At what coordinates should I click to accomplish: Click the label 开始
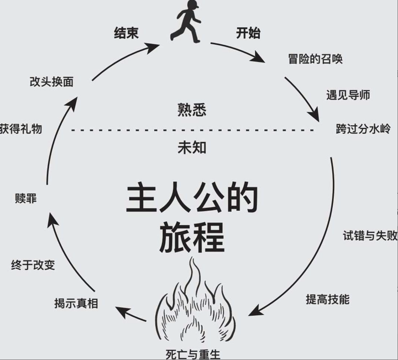[248, 33]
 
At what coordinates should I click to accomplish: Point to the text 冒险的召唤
[316, 59]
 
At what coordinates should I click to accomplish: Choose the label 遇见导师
[348, 95]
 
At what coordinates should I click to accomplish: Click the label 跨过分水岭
[363, 129]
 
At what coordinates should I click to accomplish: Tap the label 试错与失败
[370, 236]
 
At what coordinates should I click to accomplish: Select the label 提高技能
[328, 299]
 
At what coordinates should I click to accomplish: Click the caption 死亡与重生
[196, 353]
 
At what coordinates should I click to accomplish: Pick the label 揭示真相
[76, 303]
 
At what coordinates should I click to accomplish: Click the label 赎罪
[26, 199]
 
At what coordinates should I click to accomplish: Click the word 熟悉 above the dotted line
[192, 110]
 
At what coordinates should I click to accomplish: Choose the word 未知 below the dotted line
[192, 148]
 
